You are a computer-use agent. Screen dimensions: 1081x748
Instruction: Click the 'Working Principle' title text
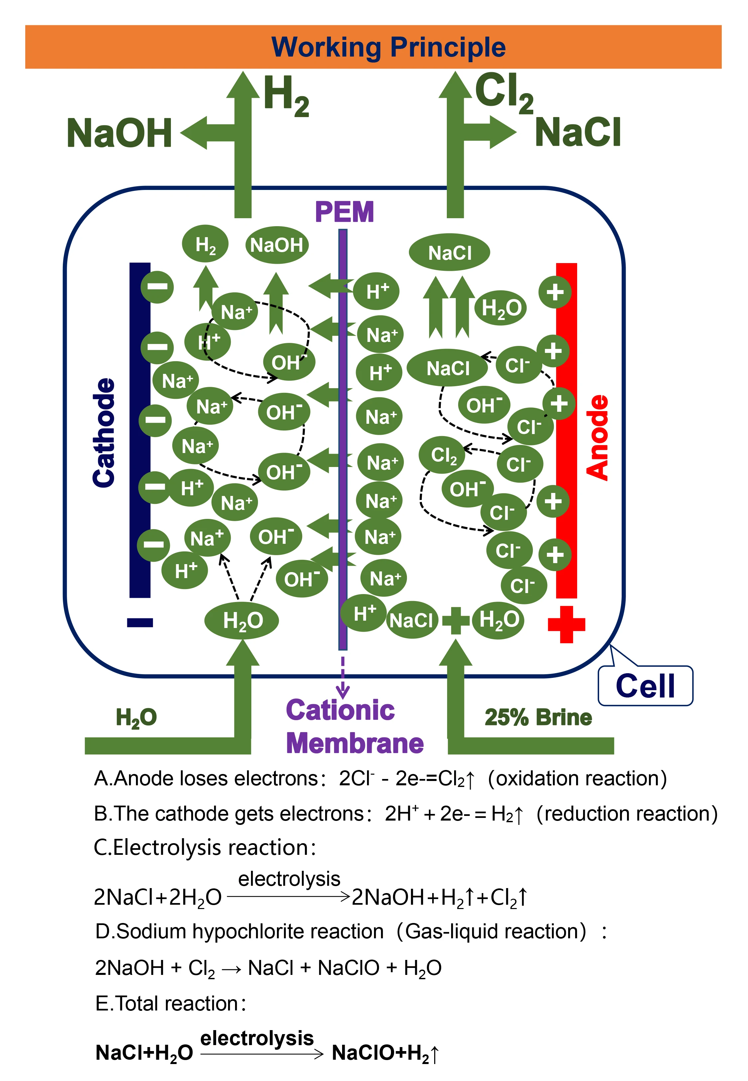coord(388,47)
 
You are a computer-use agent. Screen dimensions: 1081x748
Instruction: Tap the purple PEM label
coord(344,212)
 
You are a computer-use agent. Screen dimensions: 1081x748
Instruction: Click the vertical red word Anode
coord(597,437)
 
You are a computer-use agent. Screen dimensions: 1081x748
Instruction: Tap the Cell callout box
coord(645,686)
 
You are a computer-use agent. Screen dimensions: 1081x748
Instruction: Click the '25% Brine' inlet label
coord(538,717)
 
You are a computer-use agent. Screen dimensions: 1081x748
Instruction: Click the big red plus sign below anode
coord(566,624)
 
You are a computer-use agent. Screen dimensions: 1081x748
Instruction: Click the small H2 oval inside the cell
coord(205,244)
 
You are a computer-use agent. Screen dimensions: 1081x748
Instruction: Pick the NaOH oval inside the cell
coord(277,245)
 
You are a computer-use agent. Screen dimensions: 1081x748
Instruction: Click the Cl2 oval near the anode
coord(443,455)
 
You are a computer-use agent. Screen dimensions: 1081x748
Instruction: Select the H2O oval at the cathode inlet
coord(242,621)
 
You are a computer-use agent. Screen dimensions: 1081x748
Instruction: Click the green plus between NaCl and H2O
coord(455,621)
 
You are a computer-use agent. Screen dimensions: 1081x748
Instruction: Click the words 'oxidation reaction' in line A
coord(577,779)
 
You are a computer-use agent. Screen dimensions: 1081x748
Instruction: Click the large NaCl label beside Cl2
coord(578,133)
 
